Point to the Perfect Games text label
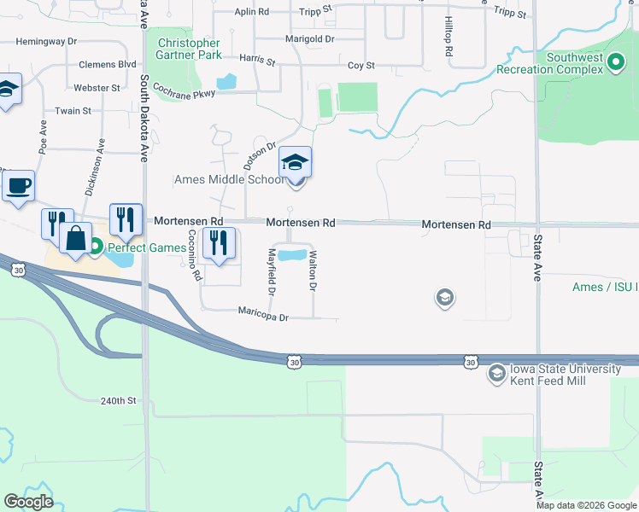[145, 247]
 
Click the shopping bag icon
[76, 239]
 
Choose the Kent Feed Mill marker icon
[496, 374]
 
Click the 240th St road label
[119, 400]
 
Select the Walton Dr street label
[314, 271]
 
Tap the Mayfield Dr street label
[272, 271]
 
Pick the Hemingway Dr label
[46, 41]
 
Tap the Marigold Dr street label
[308, 38]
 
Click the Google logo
[28, 502]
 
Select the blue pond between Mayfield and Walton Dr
[292, 254]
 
